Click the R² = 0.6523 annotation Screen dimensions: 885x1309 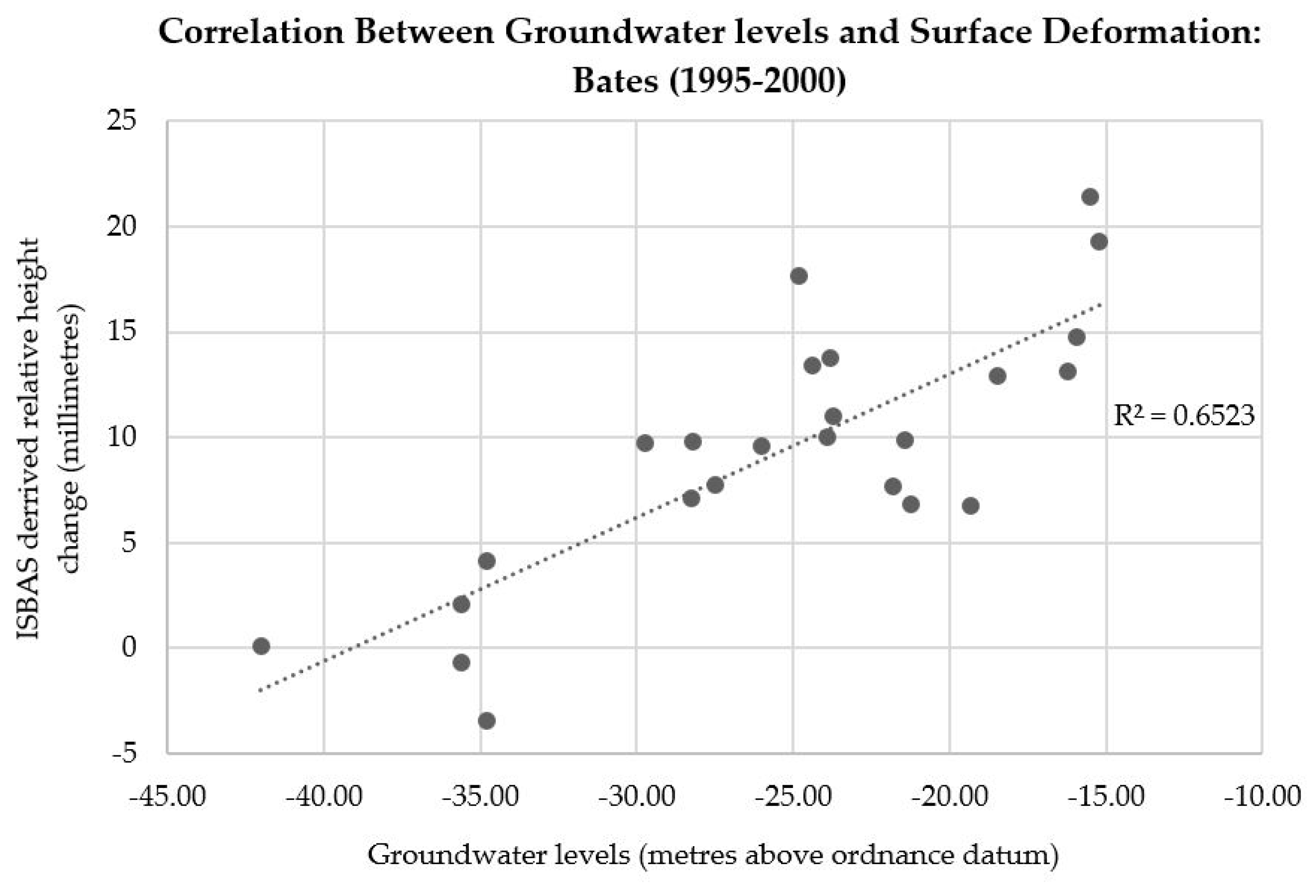[x=1183, y=416]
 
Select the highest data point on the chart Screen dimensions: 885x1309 [x=1090, y=197]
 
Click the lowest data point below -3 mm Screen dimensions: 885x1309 [x=487, y=721]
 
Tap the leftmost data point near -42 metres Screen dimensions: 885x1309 [x=261, y=646]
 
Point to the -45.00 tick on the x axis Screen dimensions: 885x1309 [x=167, y=797]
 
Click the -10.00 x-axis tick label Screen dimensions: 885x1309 [x=1261, y=797]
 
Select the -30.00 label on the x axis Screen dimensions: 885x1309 [x=637, y=797]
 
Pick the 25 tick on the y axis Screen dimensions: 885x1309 [x=122, y=121]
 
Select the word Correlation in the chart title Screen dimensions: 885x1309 [x=251, y=32]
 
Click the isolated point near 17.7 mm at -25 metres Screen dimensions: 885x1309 [x=798, y=276]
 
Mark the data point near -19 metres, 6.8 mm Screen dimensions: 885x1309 [x=970, y=505]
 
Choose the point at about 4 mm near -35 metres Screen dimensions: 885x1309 [x=487, y=561]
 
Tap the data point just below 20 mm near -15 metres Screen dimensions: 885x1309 [x=1099, y=241]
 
